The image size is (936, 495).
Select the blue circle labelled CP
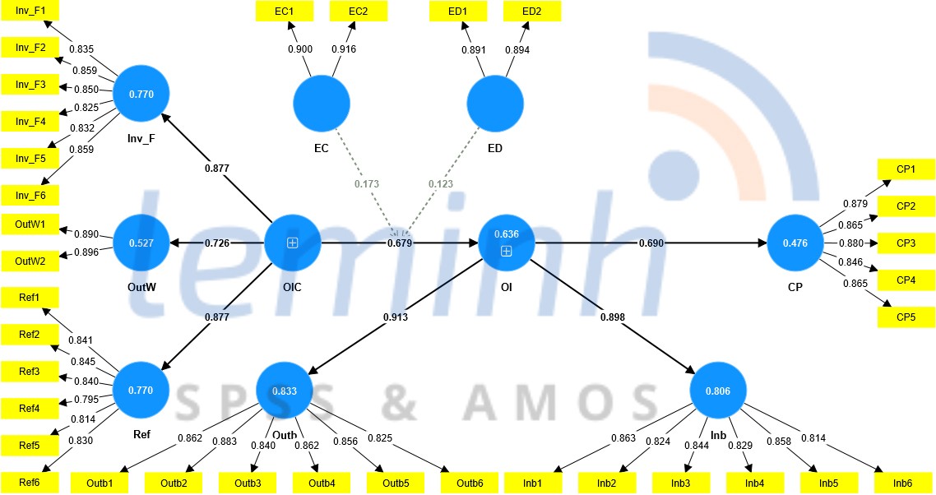click(x=795, y=243)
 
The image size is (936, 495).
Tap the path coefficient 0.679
click(x=400, y=243)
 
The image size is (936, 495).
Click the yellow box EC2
click(x=358, y=11)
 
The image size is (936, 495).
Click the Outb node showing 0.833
click(x=285, y=392)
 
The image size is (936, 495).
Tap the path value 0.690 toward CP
click(x=651, y=243)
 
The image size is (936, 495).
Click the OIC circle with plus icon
click(x=292, y=243)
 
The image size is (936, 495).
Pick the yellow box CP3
click(x=906, y=243)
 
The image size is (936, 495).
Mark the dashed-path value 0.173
click(x=367, y=183)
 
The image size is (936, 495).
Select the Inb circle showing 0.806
click(x=718, y=392)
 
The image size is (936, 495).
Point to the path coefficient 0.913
click(x=395, y=317)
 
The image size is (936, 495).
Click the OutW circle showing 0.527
click(x=141, y=243)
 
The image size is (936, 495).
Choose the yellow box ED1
click(x=458, y=11)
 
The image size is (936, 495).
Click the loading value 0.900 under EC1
click(x=299, y=50)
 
